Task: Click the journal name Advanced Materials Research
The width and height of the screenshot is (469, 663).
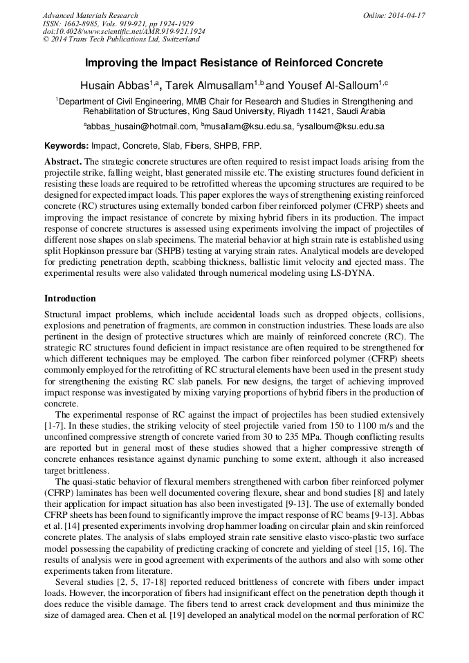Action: point(90,15)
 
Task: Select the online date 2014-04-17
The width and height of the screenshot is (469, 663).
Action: point(410,15)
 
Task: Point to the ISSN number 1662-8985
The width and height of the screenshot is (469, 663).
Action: point(83,24)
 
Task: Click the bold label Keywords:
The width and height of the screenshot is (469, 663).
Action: point(66,147)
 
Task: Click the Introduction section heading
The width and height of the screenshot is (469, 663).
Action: point(70,299)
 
